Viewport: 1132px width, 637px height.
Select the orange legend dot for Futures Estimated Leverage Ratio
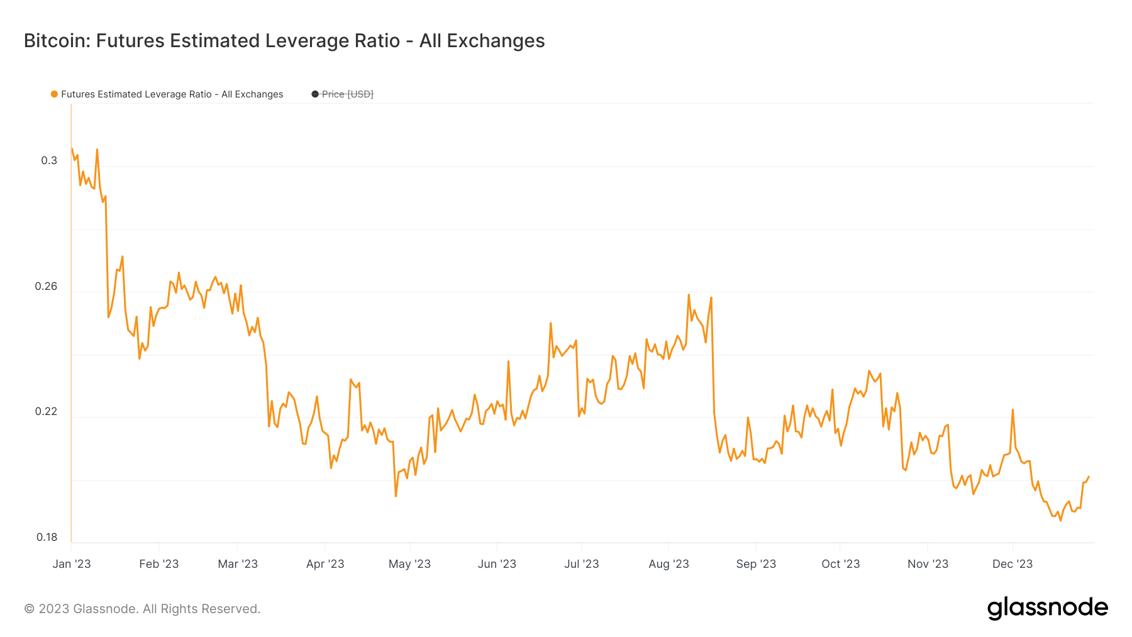55,94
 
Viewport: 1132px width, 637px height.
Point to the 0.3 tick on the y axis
49,160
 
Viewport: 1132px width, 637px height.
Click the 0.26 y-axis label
46,286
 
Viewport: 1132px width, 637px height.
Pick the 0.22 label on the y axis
46,411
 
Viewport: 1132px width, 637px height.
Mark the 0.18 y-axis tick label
47,537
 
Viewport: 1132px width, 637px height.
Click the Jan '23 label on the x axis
72,564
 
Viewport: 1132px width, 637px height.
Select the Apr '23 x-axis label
325,564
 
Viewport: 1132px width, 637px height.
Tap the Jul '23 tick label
582,564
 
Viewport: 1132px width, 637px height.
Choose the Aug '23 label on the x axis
669,564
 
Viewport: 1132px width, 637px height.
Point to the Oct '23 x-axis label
841,564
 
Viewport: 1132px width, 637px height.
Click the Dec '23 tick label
1013,564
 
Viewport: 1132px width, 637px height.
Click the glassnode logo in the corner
1047,608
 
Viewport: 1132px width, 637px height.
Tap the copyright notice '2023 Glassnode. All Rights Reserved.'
142,609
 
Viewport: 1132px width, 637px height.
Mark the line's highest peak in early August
689,294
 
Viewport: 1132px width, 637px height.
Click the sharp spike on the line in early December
1013,409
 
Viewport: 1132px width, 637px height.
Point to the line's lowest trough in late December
1061,520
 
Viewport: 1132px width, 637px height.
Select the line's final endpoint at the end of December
1089,477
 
